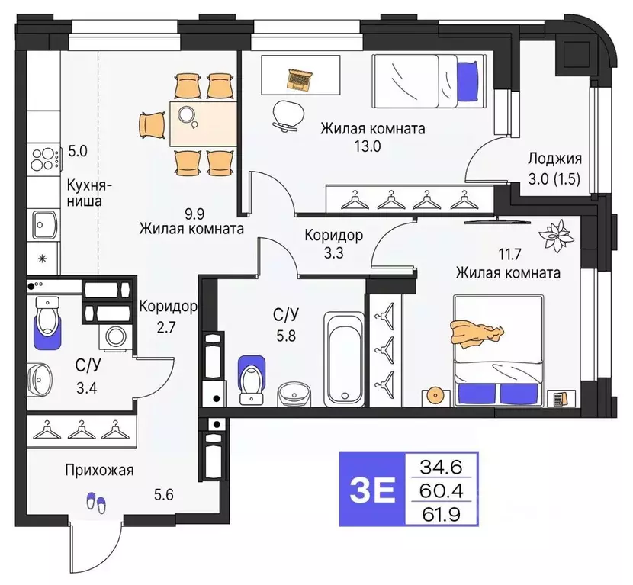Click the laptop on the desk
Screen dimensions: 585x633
click(x=300, y=77)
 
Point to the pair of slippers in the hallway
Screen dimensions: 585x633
click(x=96, y=501)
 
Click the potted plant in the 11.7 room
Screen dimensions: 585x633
click(x=558, y=236)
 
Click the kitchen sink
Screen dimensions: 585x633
click(x=43, y=223)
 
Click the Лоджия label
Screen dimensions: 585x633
click(x=554, y=159)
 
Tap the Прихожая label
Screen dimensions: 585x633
click(x=99, y=470)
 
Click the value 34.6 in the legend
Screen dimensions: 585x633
click(x=442, y=465)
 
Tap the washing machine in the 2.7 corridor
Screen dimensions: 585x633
click(x=117, y=336)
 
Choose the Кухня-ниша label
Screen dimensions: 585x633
click(x=90, y=193)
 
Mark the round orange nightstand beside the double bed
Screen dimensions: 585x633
click(x=435, y=395)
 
